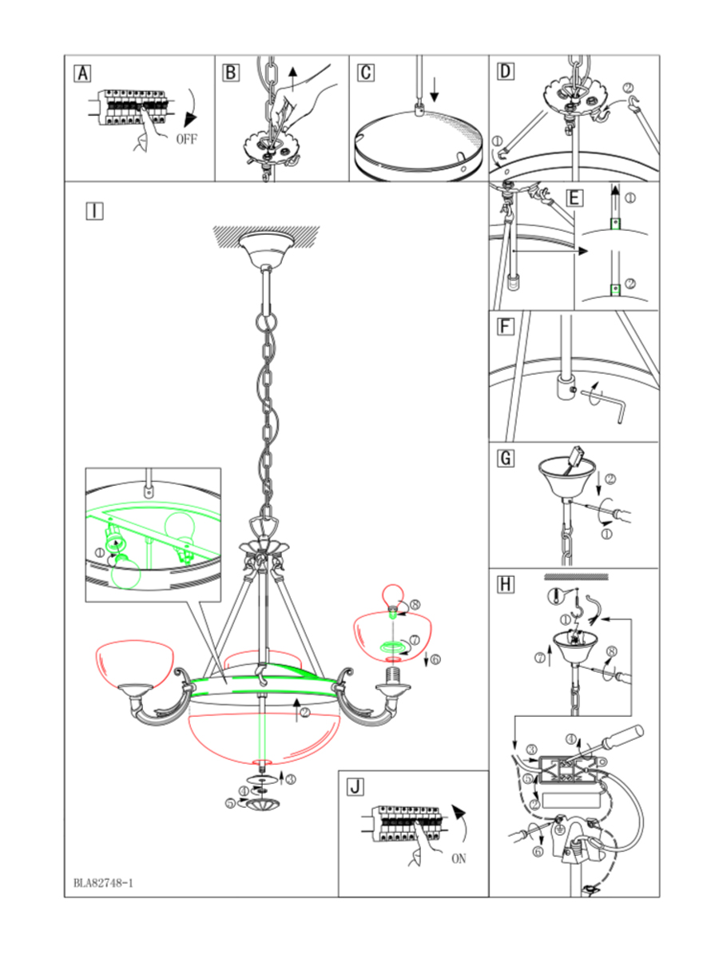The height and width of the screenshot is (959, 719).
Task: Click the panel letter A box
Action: (x=82, y=74)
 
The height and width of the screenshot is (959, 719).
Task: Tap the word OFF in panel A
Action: (x=186, y=139)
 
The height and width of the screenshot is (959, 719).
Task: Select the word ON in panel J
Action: (x=459, y=859)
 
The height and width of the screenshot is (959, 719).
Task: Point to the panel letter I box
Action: (x=95, y=211)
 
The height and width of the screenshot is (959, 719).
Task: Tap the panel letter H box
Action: (x=506, y=584)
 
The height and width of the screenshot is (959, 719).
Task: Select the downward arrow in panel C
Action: (x=435, y=90)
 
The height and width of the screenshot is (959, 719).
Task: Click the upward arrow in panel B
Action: (x=293, y=78)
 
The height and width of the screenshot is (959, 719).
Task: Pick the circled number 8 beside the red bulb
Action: (x=415, y=605)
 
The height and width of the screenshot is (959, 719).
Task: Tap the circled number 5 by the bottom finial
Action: (x=231, y=803)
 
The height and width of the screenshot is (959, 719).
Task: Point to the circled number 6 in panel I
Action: (x=435, y=659)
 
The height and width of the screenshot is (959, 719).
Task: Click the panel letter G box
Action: (x=506, y=458)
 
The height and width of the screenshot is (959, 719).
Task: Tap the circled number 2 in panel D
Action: (x=628, y=88)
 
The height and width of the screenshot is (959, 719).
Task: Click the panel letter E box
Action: (x=574, y=198)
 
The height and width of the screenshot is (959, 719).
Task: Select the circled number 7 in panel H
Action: (x=540, y=657)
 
